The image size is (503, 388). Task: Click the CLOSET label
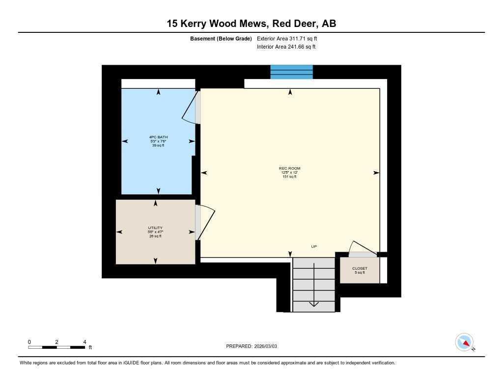(360, 268)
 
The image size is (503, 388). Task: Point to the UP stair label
(314, 246)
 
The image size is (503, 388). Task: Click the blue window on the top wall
(292, 72)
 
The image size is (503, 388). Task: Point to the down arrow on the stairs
(314, 303)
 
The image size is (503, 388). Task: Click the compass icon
(464, 342)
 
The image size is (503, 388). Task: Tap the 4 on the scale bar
(84, 342)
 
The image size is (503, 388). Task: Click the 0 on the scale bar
(29, 342)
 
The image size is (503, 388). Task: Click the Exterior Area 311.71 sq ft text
(290, 38)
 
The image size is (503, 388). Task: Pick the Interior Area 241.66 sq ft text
(286, 47)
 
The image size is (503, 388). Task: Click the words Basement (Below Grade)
(221, 38)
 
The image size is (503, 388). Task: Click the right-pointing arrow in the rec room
(376, 173)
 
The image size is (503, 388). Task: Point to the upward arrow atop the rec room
(290, 92)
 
